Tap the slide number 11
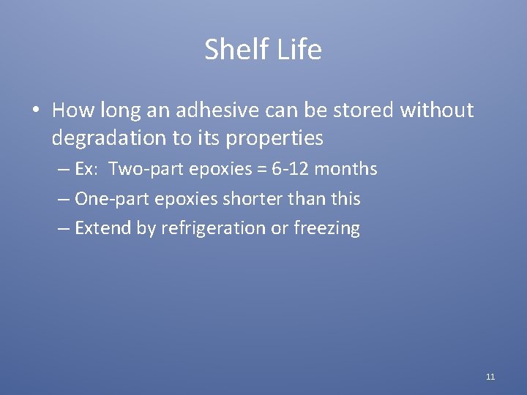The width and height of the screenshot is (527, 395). coord(490,377)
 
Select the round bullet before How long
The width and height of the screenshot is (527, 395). coord(35,111)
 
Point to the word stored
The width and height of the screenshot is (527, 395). coord(360,110)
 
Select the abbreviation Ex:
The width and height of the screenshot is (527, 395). coord(86,170)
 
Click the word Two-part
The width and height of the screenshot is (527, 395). coord(142,170)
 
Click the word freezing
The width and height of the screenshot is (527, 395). coord(326,228)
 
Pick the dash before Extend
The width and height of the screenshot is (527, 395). coord(64,228)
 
